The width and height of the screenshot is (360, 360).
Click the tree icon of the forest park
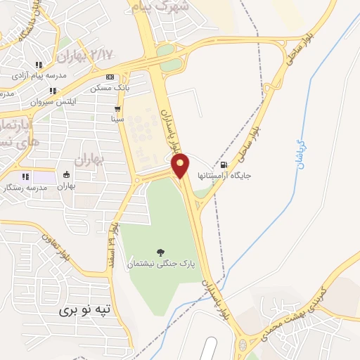pyautogui.click(x=161, y=252)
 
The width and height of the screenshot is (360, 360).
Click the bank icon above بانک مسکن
pyautogui.click(x=108, y=77)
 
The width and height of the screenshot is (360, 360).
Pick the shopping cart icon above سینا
pyautogui.click(x=117, y=109)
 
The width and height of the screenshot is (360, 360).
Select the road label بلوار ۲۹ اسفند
pyautogui.click(x=112, y=242)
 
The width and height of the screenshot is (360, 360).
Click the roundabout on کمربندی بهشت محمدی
pyautogui.click(x=243, y=345)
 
